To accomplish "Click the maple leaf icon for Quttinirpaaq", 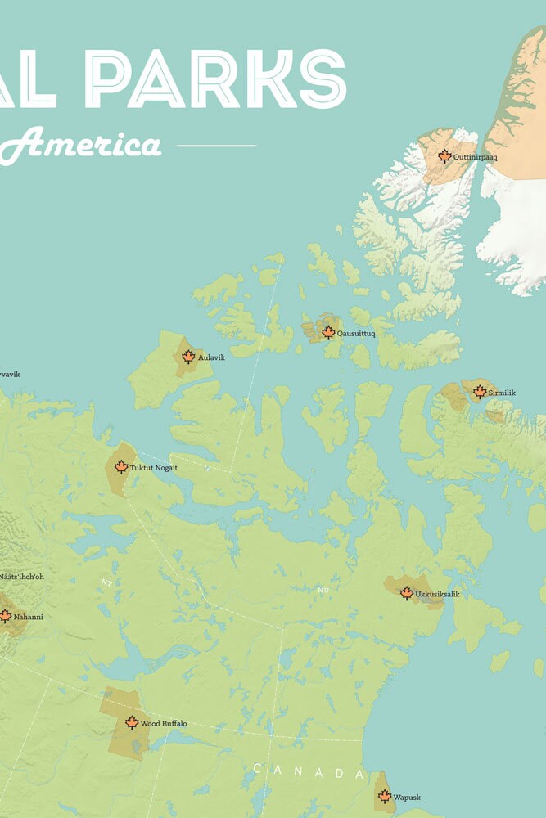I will point(444,155).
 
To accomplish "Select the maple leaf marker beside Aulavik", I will point(188,357).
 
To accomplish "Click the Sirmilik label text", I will point(502,393).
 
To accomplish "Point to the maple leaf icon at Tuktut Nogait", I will point(121,467).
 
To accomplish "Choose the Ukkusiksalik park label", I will point(437,594).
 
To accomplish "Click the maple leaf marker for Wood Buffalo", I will point(132,722).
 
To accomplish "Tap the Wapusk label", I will point(407,797).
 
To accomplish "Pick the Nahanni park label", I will point(28,616).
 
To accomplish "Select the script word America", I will point(90,145).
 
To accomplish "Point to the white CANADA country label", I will point(308,771).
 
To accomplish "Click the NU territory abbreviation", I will point(323,589).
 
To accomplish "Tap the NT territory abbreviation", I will point(106,582).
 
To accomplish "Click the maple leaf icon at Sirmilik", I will point(480,392).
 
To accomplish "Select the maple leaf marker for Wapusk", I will point(385,796).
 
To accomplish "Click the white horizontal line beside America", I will point(216,146).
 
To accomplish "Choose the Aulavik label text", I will point(211,357).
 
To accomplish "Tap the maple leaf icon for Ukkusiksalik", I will point(407,593).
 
